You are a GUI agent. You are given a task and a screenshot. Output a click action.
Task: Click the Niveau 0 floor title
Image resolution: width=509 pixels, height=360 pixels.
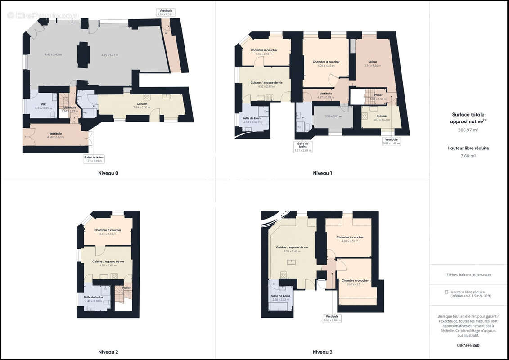point(108,173)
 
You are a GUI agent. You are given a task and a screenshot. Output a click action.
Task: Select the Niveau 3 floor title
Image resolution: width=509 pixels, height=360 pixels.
point(323,352)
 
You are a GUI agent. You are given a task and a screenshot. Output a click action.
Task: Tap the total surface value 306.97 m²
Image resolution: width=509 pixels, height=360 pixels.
point(468,130)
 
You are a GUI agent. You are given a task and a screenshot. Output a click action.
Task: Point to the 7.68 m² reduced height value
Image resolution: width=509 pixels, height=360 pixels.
point(468,156)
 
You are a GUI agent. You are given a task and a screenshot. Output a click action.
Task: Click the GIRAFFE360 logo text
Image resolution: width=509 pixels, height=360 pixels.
point(468,345)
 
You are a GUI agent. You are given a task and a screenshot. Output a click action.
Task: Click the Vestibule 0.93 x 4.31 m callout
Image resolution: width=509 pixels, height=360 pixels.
point(166,12)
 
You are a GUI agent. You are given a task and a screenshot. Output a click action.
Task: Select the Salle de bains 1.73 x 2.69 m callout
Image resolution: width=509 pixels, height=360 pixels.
point(94,159)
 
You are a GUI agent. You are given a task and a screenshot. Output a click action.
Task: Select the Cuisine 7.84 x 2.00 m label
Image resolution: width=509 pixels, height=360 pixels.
point(142,105)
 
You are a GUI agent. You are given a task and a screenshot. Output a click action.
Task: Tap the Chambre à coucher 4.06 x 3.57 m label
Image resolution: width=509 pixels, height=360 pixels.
point(350,239)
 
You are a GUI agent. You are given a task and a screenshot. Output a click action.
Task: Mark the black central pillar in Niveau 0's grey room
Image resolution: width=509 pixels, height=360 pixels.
point(83,55)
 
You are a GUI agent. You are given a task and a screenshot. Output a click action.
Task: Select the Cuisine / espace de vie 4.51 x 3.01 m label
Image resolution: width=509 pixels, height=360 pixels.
point(108,263)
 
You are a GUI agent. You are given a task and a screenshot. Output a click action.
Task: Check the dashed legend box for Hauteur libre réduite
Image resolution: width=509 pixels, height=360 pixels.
point(446,292)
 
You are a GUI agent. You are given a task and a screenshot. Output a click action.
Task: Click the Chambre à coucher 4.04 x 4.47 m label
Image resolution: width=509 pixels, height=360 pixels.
point(326,63)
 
